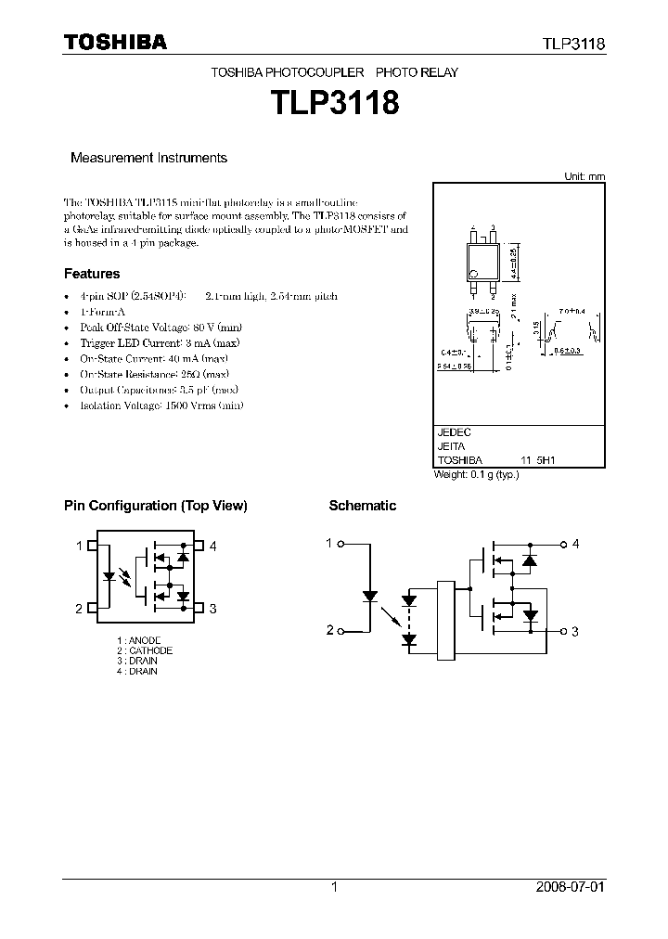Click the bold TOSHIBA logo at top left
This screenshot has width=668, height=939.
pos(115,43)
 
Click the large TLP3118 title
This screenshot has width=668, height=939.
pos(334,101)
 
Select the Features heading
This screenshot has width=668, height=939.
pos(92,274)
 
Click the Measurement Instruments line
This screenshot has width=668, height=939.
pos(148,158)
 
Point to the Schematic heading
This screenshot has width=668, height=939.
pos(362,506)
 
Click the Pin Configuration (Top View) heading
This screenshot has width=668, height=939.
pos(155,506)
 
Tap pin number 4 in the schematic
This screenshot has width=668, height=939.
pos(575,544)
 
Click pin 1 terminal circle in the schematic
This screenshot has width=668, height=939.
pos(342,544)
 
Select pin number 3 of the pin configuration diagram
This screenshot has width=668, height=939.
pos(212,609)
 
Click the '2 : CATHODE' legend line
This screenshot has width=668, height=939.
pos(145,650)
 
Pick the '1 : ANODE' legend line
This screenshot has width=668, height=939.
pos(139,640)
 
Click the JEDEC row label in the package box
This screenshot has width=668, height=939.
pos(455,432)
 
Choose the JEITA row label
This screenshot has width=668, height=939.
pos(452,446)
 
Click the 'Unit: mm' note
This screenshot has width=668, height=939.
pos(584,176)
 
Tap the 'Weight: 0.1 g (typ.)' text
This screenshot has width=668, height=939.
pos(477,474)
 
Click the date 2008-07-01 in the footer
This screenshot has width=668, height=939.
pos(570,887)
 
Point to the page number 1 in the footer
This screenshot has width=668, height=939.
pos(334,887)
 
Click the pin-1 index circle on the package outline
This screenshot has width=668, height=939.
pos(473,273)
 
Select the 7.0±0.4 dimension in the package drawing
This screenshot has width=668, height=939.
pos(572,312)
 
